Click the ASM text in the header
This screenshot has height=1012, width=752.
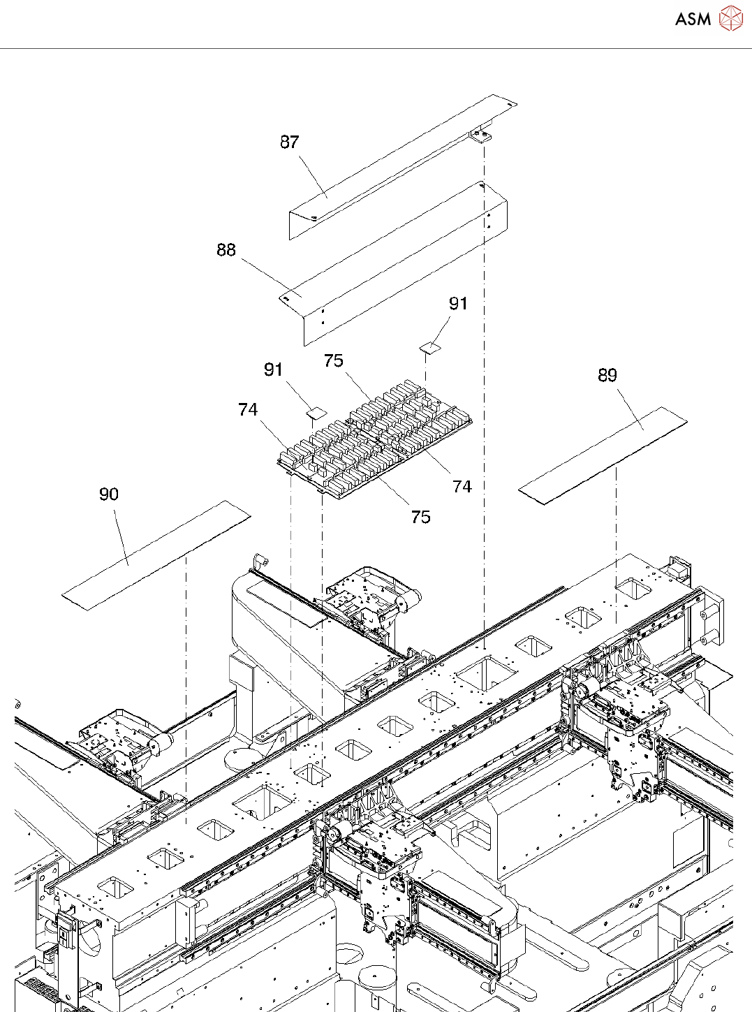(x=693, y=19)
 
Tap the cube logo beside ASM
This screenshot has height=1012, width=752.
(x=730, y=18)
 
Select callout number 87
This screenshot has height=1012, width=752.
(x=290, y=142)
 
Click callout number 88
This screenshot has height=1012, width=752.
(x=226, y=250)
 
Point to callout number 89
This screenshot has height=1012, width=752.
(x=607, y=375)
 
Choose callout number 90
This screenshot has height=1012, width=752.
(x=109, y=494)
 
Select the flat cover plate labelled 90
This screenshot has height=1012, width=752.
(x=156, y=555)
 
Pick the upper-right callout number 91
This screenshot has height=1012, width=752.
(x=458, y=303)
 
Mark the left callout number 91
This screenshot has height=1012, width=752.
(x=274, y=369)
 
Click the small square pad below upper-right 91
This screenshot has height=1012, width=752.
(x=430, y=347)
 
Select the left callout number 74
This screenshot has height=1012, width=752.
(x=248, y=409)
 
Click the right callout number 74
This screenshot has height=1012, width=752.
(x=462, y=487)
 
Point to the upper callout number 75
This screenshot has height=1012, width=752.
(x=334, y=360)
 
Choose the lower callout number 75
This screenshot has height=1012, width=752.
(x=421, y=517)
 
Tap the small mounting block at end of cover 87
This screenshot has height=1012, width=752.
(x=480, y=135)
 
